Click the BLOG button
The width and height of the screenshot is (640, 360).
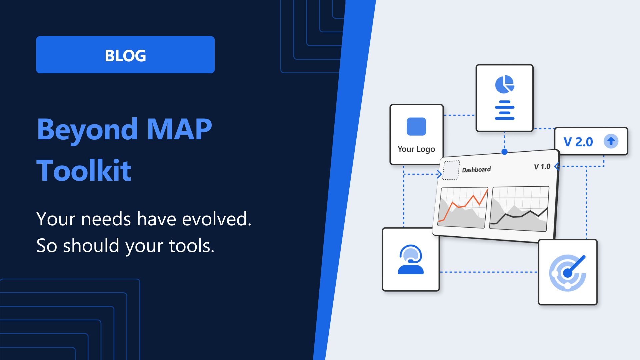125,55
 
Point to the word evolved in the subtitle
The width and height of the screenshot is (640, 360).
217,219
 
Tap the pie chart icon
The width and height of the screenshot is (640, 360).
505,84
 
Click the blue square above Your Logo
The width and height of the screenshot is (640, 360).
416,126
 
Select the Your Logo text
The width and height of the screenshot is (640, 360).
416,149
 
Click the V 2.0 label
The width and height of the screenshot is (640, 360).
578,142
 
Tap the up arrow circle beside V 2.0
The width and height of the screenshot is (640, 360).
611,141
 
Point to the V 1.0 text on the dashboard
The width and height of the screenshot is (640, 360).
542,166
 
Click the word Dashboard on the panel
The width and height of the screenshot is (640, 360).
476,170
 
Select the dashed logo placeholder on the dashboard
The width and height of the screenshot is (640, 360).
451,170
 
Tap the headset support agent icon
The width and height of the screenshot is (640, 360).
411,260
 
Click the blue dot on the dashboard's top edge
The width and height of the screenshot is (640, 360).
505,152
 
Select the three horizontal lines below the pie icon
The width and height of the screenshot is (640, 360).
505,110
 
